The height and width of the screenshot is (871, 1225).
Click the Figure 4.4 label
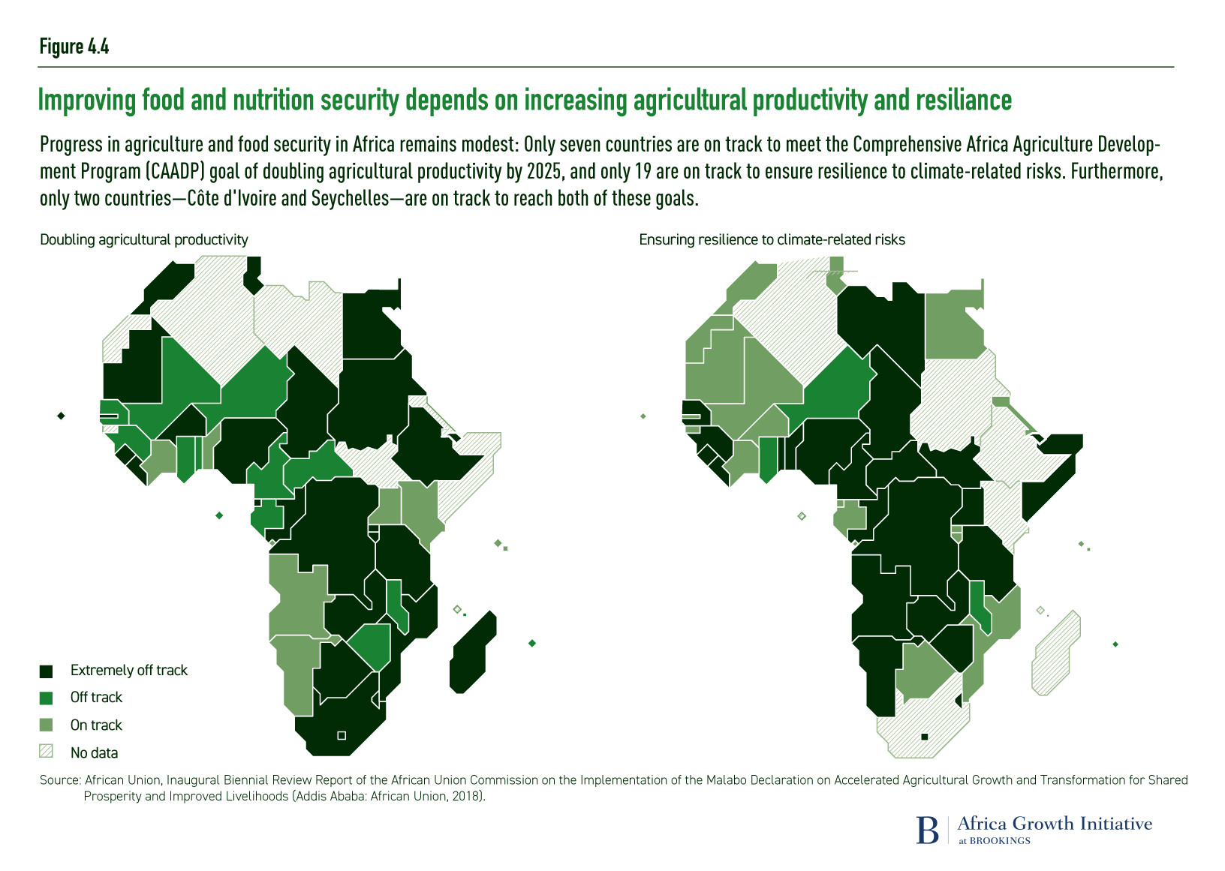pos(74,47)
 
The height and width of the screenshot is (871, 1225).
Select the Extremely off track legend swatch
pos(47,671)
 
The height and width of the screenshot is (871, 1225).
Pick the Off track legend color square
pos(47,698)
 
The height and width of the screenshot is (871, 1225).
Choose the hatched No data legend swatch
pos(47,752)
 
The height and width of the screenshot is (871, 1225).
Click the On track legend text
pos(96,725)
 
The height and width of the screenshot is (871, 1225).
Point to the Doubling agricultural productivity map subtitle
pos(144,239)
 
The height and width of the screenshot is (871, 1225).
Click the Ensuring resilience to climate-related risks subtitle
pos(772,239)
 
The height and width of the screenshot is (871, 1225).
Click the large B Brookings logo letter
pos(928,830)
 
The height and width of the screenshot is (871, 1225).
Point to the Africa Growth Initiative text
pos(1055,824)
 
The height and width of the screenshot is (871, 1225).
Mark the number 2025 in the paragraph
pos(544,171)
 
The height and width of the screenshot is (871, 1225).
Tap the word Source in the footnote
pos(59,780)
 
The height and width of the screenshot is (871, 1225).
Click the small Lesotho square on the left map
pos(342,735)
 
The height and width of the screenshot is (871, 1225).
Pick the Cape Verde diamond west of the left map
pos(61,416)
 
